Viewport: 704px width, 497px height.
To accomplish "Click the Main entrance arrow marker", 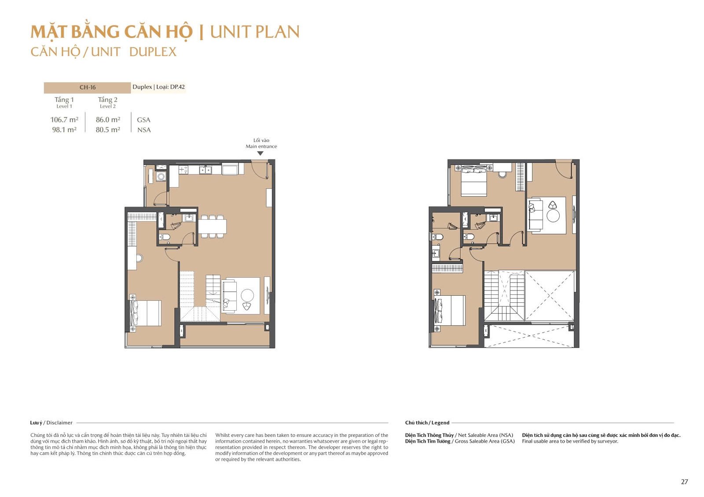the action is coord(260,153).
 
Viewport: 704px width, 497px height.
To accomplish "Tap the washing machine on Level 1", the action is coord(161,177).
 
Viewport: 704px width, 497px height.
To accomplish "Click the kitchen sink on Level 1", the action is coord(205,170).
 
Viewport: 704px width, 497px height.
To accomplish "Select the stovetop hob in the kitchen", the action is coord(183,170).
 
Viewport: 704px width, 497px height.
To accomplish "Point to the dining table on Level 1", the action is coord(212,226).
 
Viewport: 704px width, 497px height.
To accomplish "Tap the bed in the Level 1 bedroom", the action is coord(146,313).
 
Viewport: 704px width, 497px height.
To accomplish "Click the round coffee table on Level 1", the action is coord(247,295).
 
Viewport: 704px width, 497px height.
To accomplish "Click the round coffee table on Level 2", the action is coord(553,216).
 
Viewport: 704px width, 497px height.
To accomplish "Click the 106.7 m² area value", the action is coord(64,120).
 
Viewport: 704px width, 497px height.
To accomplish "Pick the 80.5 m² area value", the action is coord(108,130).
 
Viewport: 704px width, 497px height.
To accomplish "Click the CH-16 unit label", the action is coord(88,87).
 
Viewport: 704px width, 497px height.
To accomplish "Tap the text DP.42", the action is coord(177,87).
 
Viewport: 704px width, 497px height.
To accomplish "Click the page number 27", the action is coord(685,482).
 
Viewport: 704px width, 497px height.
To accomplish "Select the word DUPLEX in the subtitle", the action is coord(153,52).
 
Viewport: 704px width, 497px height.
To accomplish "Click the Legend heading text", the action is coord(440,423).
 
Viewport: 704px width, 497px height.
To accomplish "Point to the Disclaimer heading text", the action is coord(59,423).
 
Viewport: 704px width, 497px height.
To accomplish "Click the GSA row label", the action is coord(143,120).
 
